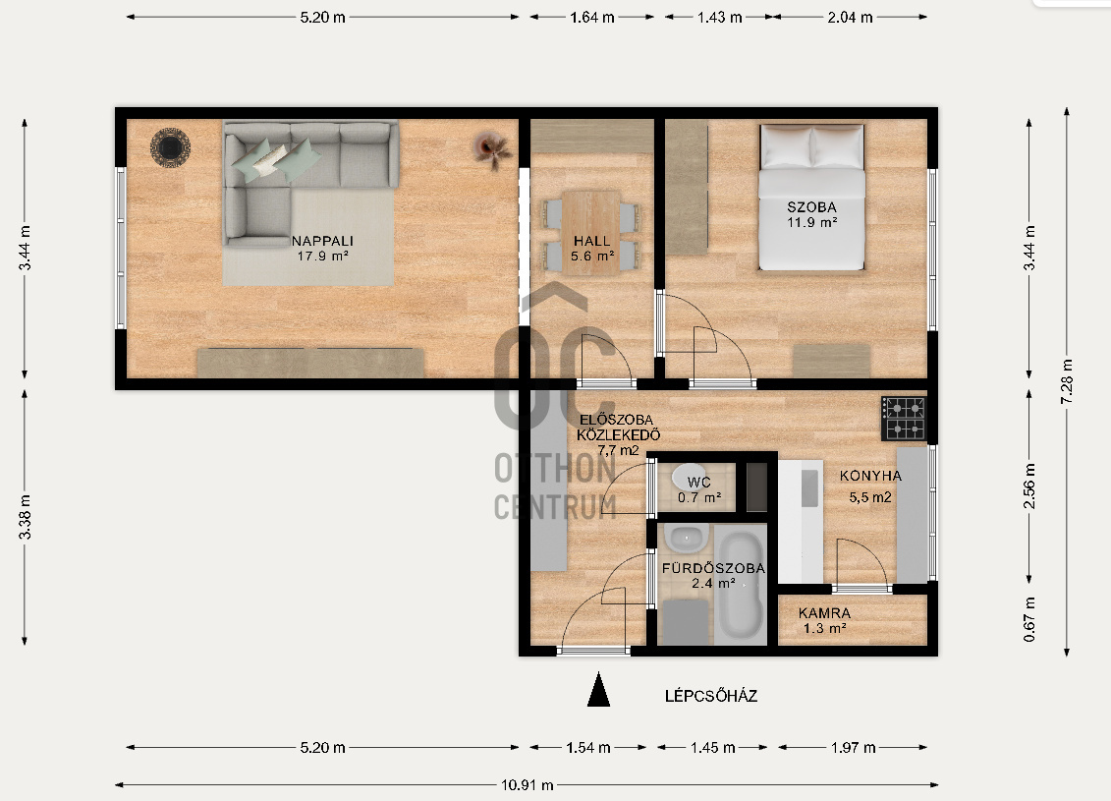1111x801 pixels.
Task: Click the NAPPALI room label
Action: (322, 241)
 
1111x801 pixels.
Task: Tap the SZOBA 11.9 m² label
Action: (812, 214)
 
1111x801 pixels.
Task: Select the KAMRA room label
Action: (824, 613)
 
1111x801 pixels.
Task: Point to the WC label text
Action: (698, 482)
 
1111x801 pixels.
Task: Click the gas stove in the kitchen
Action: (904, 419)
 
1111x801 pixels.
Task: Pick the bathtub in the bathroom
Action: (741, 584)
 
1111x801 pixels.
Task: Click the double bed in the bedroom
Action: (812, 198)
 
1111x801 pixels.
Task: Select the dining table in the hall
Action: (591, 233)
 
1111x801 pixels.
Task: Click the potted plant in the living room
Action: (492, 148)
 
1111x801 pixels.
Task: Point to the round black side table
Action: (170, 147)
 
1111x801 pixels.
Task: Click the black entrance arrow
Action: (598, 689)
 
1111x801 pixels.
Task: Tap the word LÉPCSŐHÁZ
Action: (710, 696)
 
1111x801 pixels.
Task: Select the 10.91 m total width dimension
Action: (528, 784)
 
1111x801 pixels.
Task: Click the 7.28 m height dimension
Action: (1067, 381)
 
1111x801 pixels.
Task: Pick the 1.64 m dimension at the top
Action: (591, 17)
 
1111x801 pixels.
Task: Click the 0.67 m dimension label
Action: (1029, 619)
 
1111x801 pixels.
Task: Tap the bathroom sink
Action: (685, 539)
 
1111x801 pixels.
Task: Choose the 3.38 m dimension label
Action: (25, 516)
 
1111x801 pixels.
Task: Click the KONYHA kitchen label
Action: (870, 476)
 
